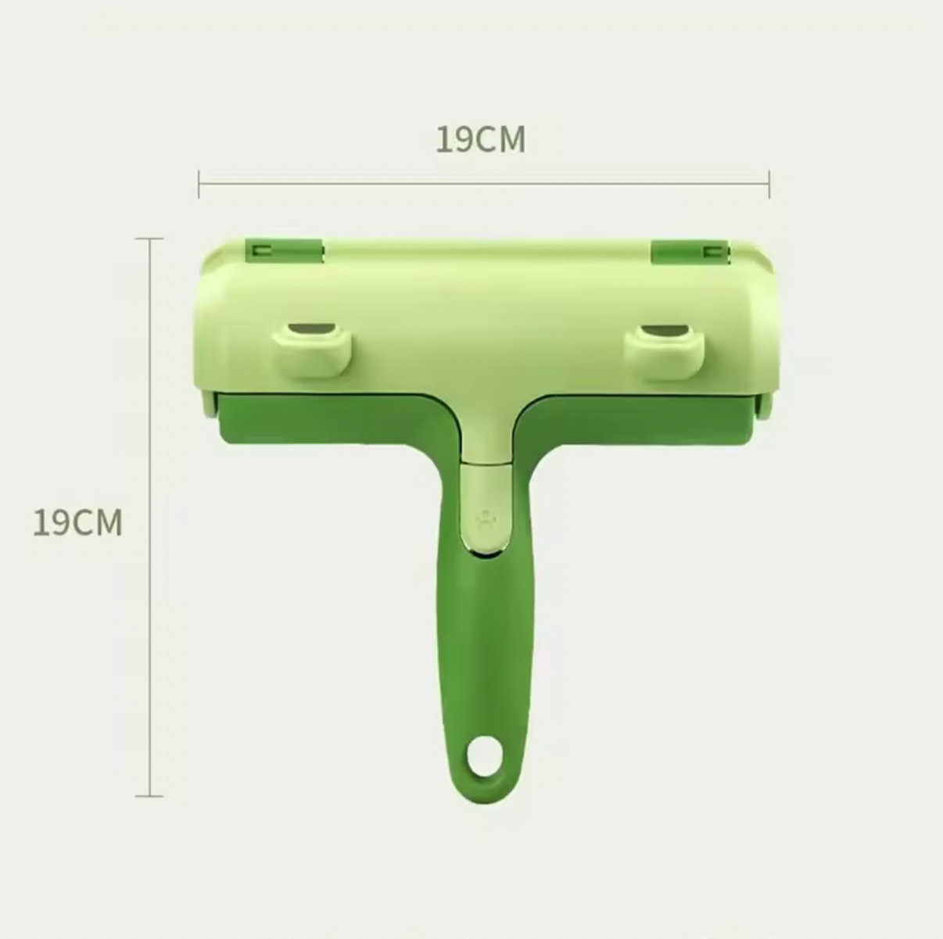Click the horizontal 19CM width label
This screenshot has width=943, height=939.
coord(480,140)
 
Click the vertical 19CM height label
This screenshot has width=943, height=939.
coord(77,522)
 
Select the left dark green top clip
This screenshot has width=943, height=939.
coord(284,250)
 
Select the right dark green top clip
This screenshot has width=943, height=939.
coord(690,251)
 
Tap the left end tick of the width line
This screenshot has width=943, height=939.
coord(199,185)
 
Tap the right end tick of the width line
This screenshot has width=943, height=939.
coord(769,185)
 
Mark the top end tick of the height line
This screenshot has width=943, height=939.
coord(149,238)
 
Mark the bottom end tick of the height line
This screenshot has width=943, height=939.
coord(149,796)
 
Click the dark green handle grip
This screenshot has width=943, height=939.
coord(485,641)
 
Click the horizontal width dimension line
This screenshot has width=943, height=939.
coord(485,185)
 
